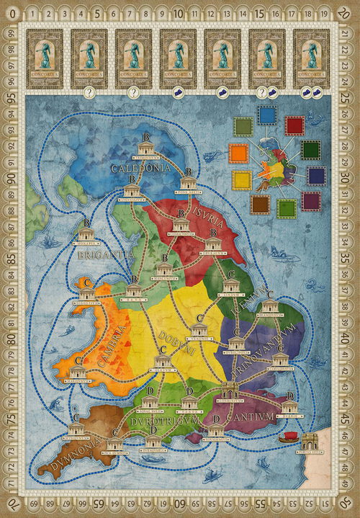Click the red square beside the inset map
tap(294, 125)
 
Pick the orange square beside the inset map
tap(239, 153)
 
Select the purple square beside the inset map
tap(311, 201)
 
